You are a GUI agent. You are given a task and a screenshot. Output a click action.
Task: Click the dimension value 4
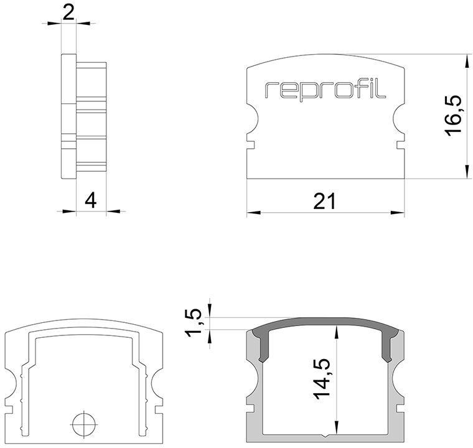coord(90,201)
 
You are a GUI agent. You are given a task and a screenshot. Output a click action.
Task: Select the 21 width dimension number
coord(325,202)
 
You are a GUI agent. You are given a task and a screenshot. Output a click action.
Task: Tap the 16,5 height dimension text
coord(454,116)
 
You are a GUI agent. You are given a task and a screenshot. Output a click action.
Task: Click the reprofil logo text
coord(325,90)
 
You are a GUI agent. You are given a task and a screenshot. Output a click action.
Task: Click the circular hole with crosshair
coord(84,424)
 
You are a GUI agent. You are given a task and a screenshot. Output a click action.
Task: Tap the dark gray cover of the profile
coord(325,322)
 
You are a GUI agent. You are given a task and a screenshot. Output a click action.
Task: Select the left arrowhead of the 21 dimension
coord(253,213)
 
